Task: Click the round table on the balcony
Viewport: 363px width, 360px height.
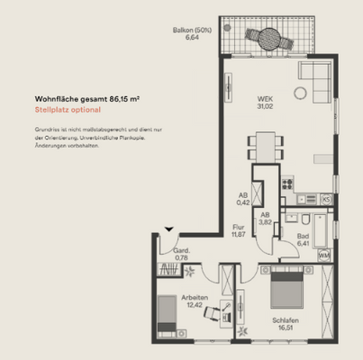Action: click(x=268, y=40)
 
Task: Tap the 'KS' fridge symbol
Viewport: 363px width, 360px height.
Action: click(x=326, y=199)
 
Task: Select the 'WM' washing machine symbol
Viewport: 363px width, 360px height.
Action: click(x=324, y=256)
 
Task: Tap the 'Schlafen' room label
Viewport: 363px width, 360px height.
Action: click(x=286, y=321)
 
